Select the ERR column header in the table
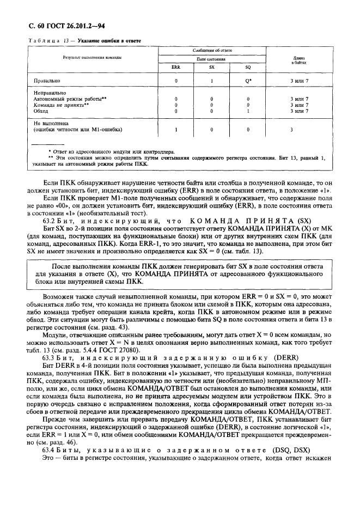(x=175, y=67)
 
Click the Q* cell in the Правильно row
(x=248, y=81)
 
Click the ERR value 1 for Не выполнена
(x=175, y=130)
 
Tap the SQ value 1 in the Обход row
(x=248, y=111)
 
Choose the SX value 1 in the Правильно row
(x=211, y=81)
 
